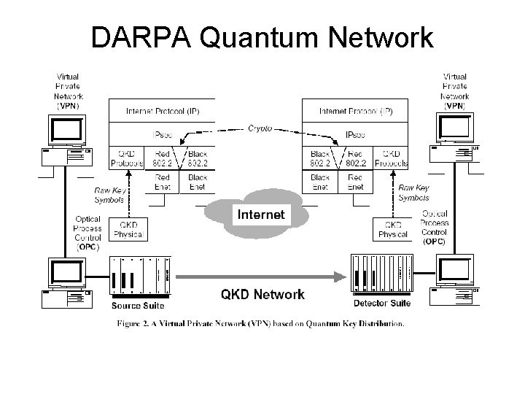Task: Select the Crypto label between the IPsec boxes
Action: point(259,128)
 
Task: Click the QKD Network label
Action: point(262,294)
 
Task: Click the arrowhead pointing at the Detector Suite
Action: point(340,276)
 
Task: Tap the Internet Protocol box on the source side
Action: point(161,112)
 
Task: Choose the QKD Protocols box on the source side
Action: point(126,159)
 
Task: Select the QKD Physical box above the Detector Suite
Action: point(393,229)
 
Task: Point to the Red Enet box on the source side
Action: point(163,182)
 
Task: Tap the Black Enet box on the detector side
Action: point(319,182)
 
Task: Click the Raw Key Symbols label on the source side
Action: point(109,195)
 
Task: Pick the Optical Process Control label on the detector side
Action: point(435,227)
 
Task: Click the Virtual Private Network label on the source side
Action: point(68,91)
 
